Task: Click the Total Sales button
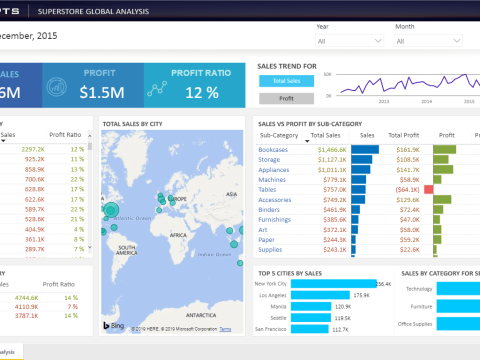coord(286,81)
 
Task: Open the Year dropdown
coord(349,41)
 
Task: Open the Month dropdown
coord(428,41)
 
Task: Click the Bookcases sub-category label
coord(273,149)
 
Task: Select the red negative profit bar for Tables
coord(428,189)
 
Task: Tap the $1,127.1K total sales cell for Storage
coord(332,159)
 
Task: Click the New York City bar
coord(333,283)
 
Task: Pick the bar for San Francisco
coord(309,329)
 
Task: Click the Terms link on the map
coord(225,329)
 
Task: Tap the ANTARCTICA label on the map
coord(201,315)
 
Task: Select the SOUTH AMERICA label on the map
coord(127,250)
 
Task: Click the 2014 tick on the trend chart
coord(426,101)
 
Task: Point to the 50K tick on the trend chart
coord(327,74)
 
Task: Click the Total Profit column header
coord(403,135)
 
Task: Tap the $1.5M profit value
coord(102,92)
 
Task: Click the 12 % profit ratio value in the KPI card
coord(202,92)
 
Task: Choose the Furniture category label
coord(421,306)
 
